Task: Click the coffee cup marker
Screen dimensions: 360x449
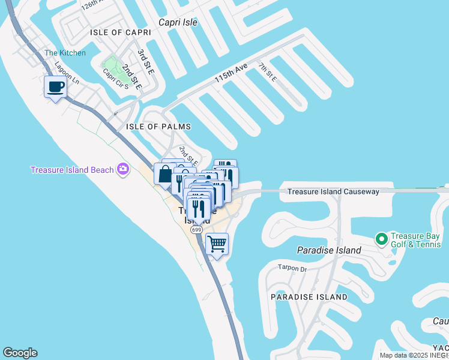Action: [56, 87]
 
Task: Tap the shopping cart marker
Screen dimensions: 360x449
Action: [217, 244]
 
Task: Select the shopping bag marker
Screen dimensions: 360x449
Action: [164, 175]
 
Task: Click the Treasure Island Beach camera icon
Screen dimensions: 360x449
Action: [123, 169]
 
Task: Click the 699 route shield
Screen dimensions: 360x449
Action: [196, 230]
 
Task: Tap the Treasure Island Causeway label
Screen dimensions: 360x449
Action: [333, 191]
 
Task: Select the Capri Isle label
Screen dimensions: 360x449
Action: [178, 22]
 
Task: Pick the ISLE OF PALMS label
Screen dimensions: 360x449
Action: [158, 127]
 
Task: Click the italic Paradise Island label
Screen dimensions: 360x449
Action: [330, 250]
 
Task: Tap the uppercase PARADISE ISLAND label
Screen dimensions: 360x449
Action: [309, 297]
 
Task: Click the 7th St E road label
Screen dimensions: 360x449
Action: [268, 71]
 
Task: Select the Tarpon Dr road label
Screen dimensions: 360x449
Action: [292, 268]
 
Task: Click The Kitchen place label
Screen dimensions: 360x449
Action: [65, 53]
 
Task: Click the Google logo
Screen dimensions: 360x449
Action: [20, 353]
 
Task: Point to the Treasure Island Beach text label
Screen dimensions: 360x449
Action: [72, 170]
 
